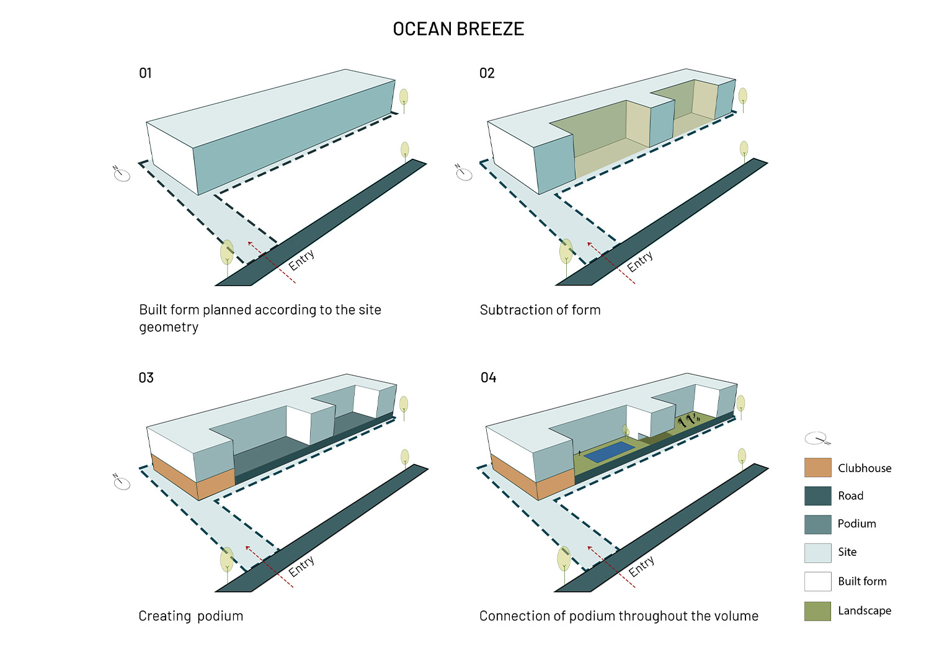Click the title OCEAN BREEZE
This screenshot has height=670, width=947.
click(458, 29)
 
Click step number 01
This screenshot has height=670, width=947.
click(145, 73)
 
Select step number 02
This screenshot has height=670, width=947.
click(487, 73)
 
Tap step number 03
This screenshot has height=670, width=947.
click(146, 378)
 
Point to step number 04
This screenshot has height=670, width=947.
click(488, 378)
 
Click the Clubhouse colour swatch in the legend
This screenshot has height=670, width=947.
click(817, 468)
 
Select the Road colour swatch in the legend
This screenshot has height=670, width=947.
click(817, 496)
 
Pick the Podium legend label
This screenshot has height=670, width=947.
click(856, 524)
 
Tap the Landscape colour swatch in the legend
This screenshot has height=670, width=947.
click(817, 611)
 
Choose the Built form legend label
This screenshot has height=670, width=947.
click(862, 581)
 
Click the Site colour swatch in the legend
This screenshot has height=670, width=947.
click(817, 553)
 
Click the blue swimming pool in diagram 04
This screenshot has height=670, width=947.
click(609, 452)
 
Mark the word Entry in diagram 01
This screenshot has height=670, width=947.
click(301, 260)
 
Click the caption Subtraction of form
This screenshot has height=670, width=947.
click(540, 310)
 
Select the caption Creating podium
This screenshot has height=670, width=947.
click(190, 616)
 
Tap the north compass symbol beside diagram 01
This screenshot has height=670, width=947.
click(122, 174)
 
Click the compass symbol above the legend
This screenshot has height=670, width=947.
click(817, 439)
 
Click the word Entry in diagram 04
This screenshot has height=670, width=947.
click(641, 566)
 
